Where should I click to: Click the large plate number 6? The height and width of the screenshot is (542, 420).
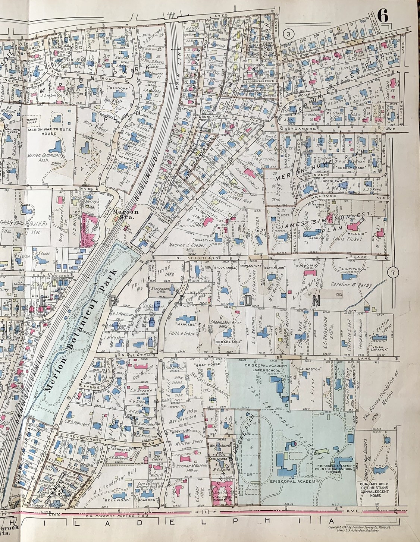point(383,16)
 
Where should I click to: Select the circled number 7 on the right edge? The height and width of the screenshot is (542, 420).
point(392,273)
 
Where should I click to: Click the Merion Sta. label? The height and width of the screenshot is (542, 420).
point(123,213)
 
